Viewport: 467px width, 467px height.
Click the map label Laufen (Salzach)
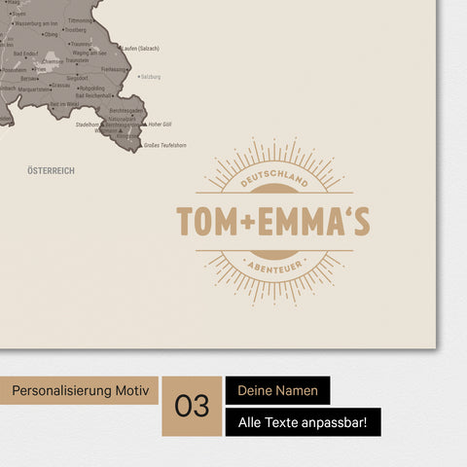tap(141, 48)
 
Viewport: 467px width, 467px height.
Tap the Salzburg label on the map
tap(151, 76)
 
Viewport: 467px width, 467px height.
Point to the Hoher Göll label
tap(160, 125)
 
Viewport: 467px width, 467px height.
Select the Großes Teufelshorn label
tap(163, 146)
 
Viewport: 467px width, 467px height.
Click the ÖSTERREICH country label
tap(52, 170)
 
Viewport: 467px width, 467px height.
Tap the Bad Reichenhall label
tap(98, 95)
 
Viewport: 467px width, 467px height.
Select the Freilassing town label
tap(113, 69)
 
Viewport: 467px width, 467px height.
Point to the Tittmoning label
tap(81, 20)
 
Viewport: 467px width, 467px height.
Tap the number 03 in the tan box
tap(192, 406)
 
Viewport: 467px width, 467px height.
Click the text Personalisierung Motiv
tap(82, 391)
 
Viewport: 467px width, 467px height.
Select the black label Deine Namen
tap(277, 391)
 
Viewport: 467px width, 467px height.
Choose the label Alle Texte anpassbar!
tap(303, 422)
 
